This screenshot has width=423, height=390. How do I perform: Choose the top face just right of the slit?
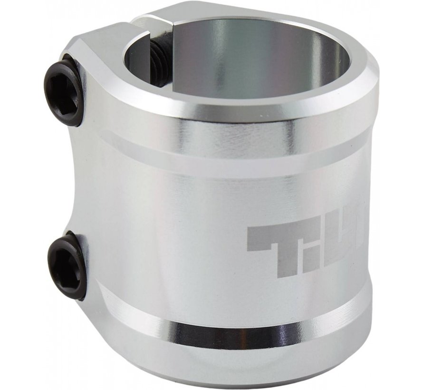(x=190, y=14)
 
